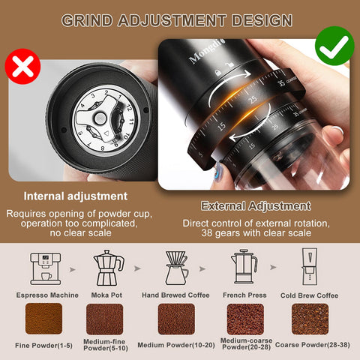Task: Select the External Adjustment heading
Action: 255,205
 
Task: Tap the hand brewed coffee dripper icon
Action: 176,268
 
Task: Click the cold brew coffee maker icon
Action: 313,268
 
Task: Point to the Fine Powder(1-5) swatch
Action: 44,319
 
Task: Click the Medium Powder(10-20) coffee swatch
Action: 176,319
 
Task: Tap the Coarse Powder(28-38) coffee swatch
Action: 310,319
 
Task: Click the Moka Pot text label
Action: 109,295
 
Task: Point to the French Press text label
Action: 244,295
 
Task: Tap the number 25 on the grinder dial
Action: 253,99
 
